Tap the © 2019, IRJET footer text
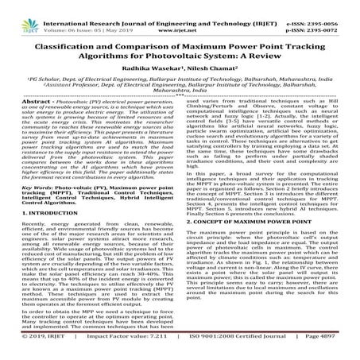coord(35,349)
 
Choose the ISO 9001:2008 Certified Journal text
coord(230,349)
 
